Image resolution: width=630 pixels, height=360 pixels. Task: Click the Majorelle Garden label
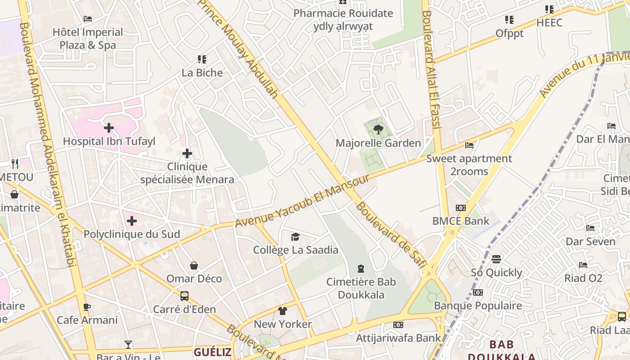(378, 143)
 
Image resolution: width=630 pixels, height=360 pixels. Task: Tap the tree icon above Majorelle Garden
(378, 130)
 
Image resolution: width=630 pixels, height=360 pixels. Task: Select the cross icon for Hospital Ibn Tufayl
(108, 128)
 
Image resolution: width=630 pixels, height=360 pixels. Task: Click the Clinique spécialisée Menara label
(187, 173)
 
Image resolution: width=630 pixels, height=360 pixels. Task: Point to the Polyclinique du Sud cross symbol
(132, 221)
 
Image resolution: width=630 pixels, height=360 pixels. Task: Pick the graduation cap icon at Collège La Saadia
(295, 237)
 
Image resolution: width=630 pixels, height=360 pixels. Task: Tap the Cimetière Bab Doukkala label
(361, 288)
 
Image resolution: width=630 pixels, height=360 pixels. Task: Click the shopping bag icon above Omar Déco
(194, 265)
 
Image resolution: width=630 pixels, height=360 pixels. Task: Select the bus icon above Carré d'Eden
(184, 296)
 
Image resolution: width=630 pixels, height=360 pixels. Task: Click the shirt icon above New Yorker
(283, 310)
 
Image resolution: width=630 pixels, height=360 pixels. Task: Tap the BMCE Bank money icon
(461, 208)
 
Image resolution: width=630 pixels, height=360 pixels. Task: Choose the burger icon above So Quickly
(496, 259)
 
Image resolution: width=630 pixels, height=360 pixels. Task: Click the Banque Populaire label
(478, 306)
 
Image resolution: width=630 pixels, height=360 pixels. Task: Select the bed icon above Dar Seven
(590, 228)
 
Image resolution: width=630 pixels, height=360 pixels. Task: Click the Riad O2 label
(583, 278)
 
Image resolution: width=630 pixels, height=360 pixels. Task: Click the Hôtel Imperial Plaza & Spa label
(88, 39)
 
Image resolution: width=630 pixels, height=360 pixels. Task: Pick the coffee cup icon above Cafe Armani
(87, 307)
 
